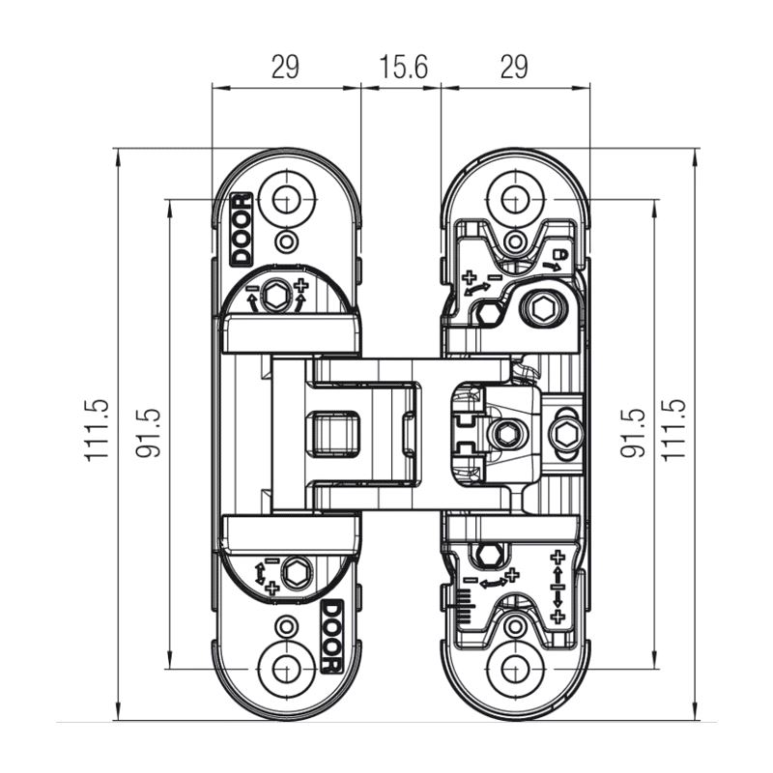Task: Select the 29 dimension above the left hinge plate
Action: tap(285, 67)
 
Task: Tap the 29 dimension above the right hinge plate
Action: tap(515, 67)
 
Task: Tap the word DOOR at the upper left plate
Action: tap(240, 229)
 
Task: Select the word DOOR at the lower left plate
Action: tap(330, 636)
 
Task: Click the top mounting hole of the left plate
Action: tap(285, 200)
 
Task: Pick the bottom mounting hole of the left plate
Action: tap(285, 668)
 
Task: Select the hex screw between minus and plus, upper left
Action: tap(277, 295)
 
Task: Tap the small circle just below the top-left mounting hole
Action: tap(285, 241)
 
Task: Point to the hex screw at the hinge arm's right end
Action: tap(564, 434)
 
